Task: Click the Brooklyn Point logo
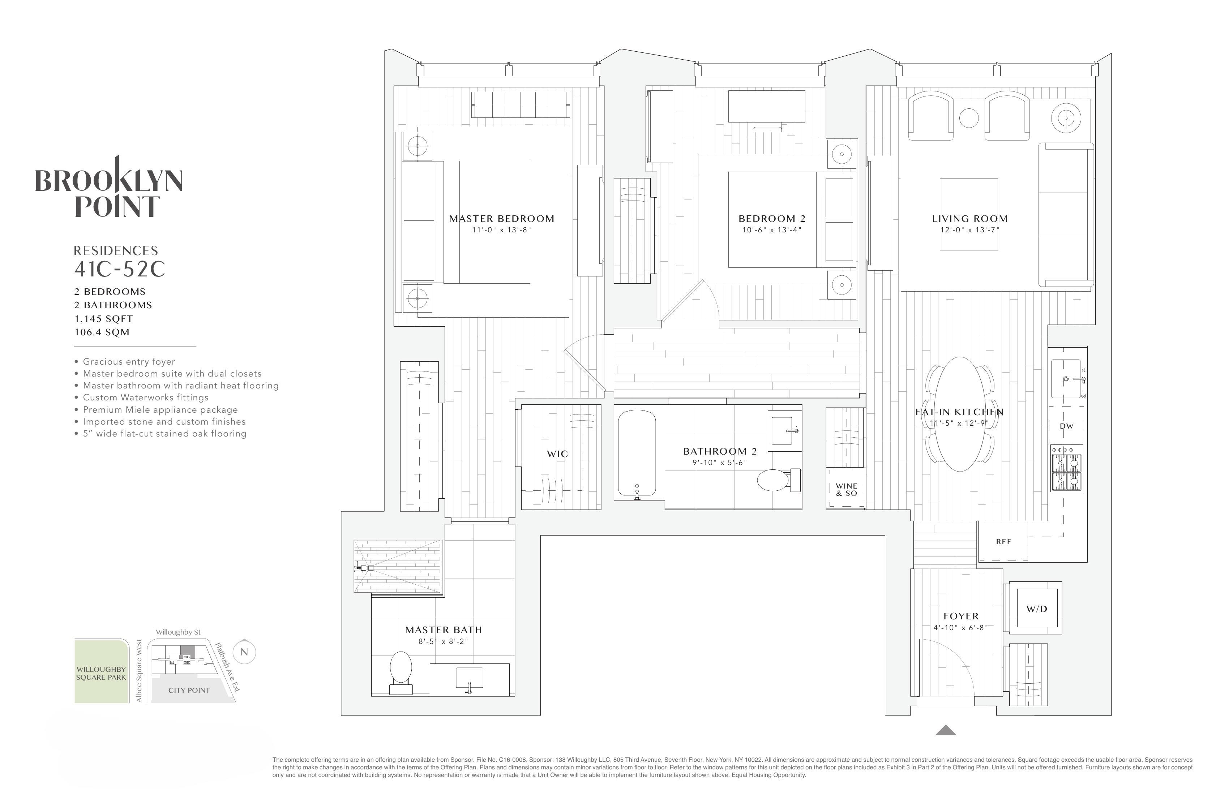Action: click(109, 186)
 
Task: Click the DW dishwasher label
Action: click(1066, 426)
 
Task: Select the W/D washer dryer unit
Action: click(1036, 608)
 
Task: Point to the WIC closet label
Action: click(558, 454)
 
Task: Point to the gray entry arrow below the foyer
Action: click(946, 730)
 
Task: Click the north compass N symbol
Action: click(244, 652)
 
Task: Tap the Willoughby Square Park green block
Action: click(101, 671)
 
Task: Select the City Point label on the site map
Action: click(189, 690)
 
